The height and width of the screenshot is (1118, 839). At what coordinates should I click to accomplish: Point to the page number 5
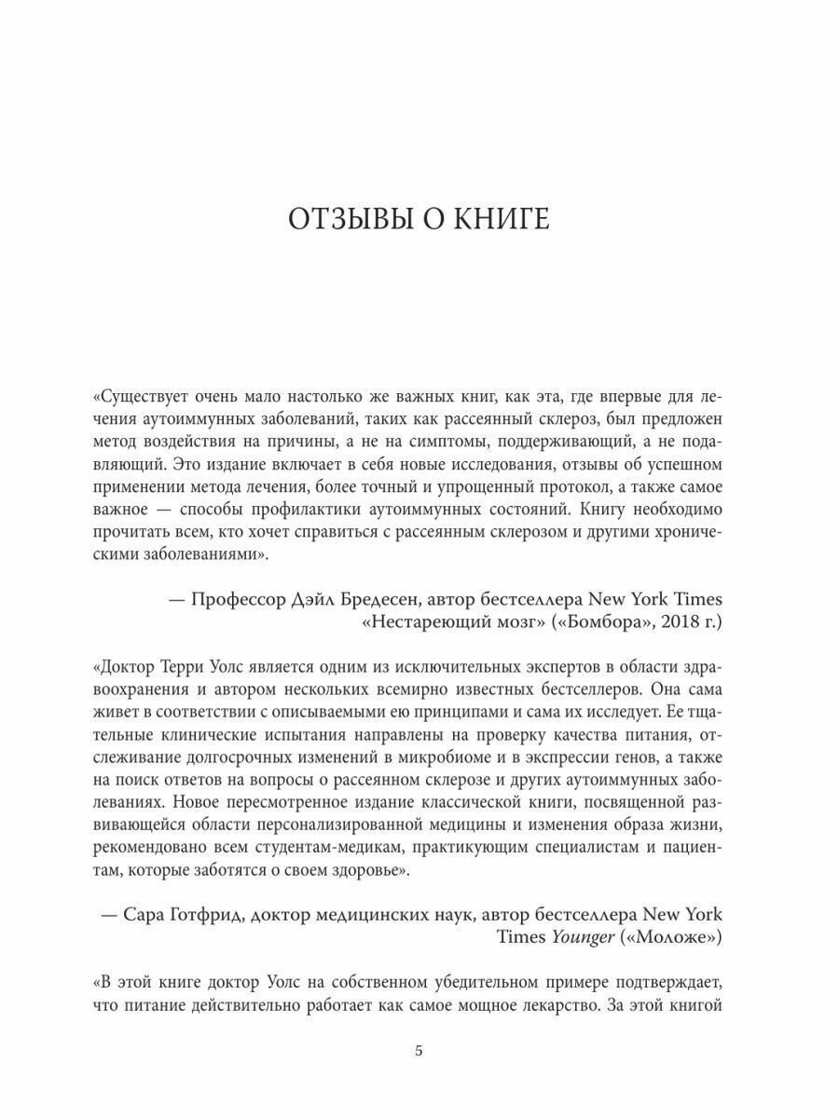[419, 1052]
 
